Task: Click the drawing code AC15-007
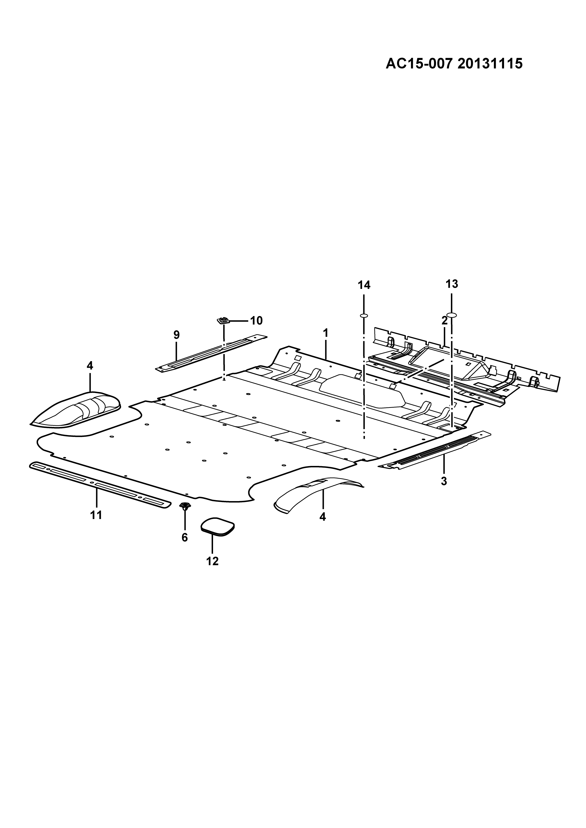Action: click(419, 64)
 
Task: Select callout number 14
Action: click(364, 285)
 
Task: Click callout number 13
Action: click(452, 284)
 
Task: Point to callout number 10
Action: click(256, 320)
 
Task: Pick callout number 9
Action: click(176, 335)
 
